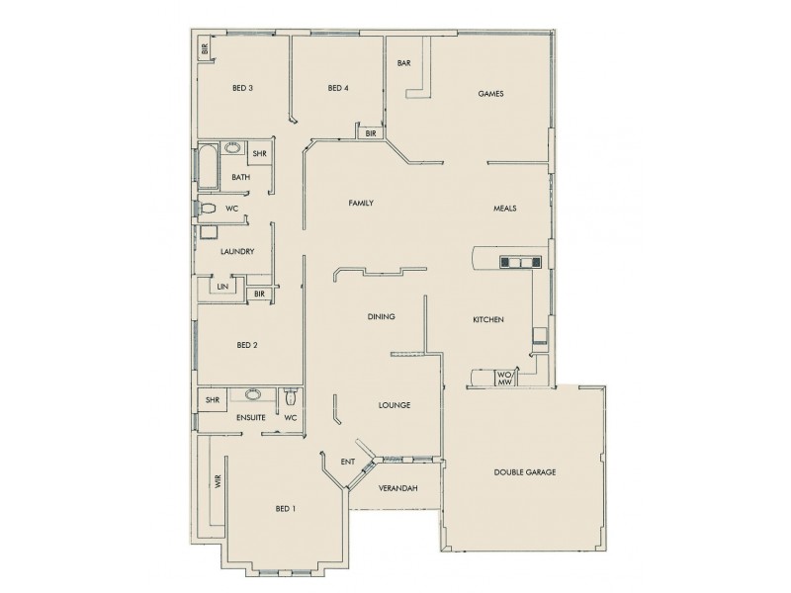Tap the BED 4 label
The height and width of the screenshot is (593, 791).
[x=338, y=89]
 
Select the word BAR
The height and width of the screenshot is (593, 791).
[x=403, y=63]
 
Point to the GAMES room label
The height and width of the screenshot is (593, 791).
[x=491, y=95]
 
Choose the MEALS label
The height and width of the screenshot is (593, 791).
[x=505, y=209]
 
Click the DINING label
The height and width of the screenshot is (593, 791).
[x=382, y=317]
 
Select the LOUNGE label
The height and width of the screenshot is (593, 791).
[x=395, y=405]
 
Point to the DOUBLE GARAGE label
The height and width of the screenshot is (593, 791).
[x=524, y=472]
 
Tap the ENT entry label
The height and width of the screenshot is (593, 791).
[x=348, y=462]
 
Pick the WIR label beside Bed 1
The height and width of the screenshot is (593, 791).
[x=217, y=483]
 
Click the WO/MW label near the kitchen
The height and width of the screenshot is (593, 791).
[x=503, y=378]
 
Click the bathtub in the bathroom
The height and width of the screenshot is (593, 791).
[x=208, y=167]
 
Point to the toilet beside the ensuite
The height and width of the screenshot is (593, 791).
[x=289, y=399]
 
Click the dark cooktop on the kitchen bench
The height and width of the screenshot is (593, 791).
[x=521, y=262]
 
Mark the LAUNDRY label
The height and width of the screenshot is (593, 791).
[x=238, y=251]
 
